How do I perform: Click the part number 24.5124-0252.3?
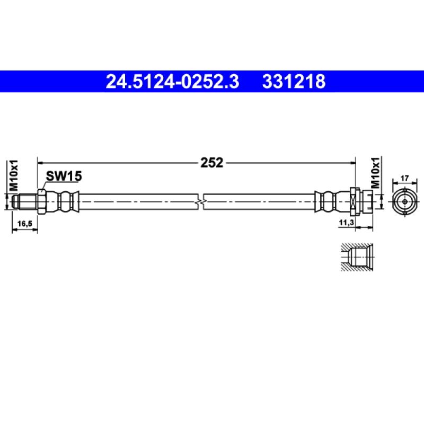pyautogui.click(x=173, y=82)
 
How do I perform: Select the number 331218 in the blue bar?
pyautogui.click(x=293, y=82)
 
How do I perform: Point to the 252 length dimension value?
pyautogui.click(x=211, y=163)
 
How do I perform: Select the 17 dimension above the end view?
pyautogui.click(x=405, y=179)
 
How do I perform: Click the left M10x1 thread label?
pyautogui.click(x=15, y=175)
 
